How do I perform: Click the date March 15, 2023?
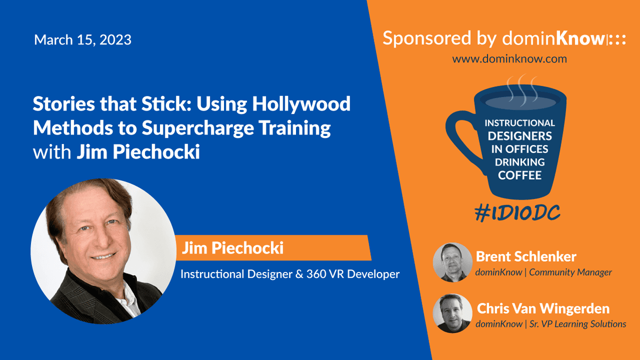tap(83, 39)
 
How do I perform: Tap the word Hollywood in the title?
tap(301, 105)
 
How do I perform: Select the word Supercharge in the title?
tap(198, 128)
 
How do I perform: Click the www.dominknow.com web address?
tap(509, 59)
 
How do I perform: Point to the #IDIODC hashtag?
tap(517, 213)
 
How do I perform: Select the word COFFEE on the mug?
tap(519, 175)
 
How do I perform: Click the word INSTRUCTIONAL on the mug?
tap(519, 123)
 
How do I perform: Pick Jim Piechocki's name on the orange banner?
tap(233, 247)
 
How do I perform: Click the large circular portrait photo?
tap(103, 251)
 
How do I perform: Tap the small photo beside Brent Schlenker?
tap(453, 262)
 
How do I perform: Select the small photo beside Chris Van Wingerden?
tap(453, 313)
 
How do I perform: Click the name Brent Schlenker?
tap(526, 257)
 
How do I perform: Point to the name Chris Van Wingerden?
tap(543, 309)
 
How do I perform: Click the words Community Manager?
tap(570, 273)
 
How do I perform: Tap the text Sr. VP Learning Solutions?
tap(578, 324)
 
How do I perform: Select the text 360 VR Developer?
tap(353, 274)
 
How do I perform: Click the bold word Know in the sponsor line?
tap(581, 38)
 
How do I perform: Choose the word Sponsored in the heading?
tap(427, 38)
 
